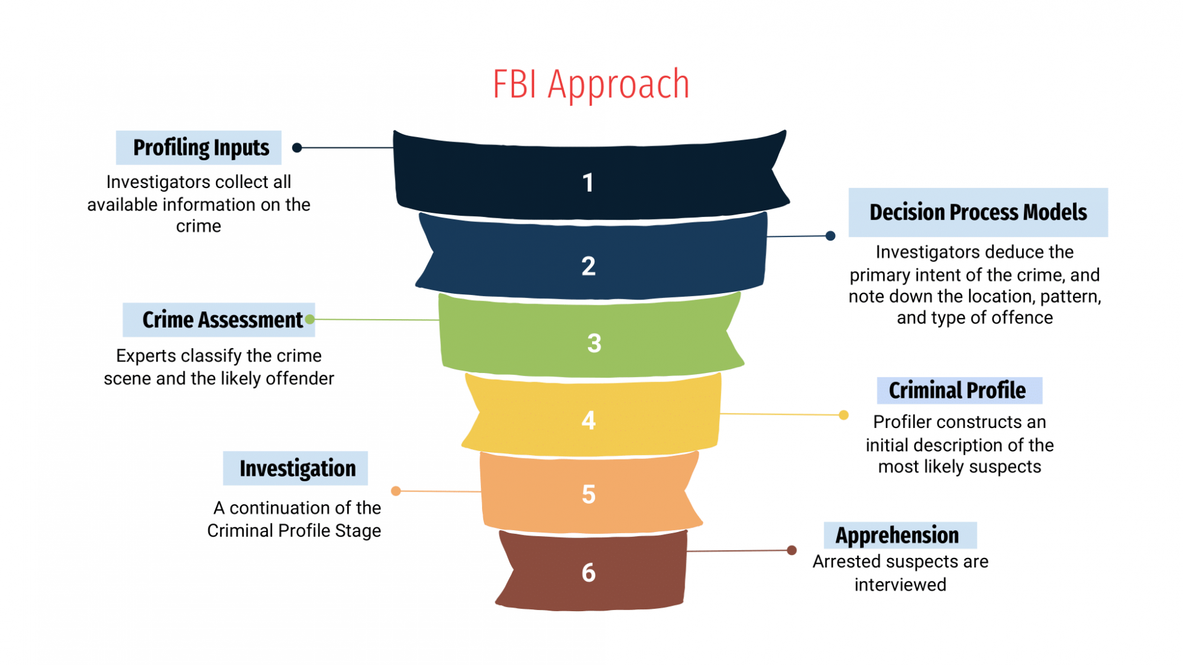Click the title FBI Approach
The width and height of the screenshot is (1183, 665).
(591, 85)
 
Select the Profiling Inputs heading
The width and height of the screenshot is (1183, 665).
(201, 148)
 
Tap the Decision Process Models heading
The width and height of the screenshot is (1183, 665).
(978, 212)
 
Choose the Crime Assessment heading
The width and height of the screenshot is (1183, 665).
(222, 320)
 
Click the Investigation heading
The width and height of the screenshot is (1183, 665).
(297, 469)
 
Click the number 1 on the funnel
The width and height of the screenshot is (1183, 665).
(588, 183)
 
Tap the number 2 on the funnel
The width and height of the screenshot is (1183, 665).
(588, 266)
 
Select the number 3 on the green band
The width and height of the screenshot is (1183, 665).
(594, 343)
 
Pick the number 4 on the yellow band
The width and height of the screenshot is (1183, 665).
(588, 420)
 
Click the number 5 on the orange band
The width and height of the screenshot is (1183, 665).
(588, 495)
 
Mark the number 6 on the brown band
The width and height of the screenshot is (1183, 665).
(588, 573)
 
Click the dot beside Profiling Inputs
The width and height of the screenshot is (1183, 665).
(297, 148)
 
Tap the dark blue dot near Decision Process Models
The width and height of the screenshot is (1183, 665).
(830, 236)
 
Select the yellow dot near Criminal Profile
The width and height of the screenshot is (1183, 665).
(844, 415)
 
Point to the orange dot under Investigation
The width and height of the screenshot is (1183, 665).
(396, 491)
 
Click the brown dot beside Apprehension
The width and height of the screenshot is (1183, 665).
(792, 550)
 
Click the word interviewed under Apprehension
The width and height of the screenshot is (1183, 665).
(900, 585)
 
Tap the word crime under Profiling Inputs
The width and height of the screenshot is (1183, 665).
(198, 226)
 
